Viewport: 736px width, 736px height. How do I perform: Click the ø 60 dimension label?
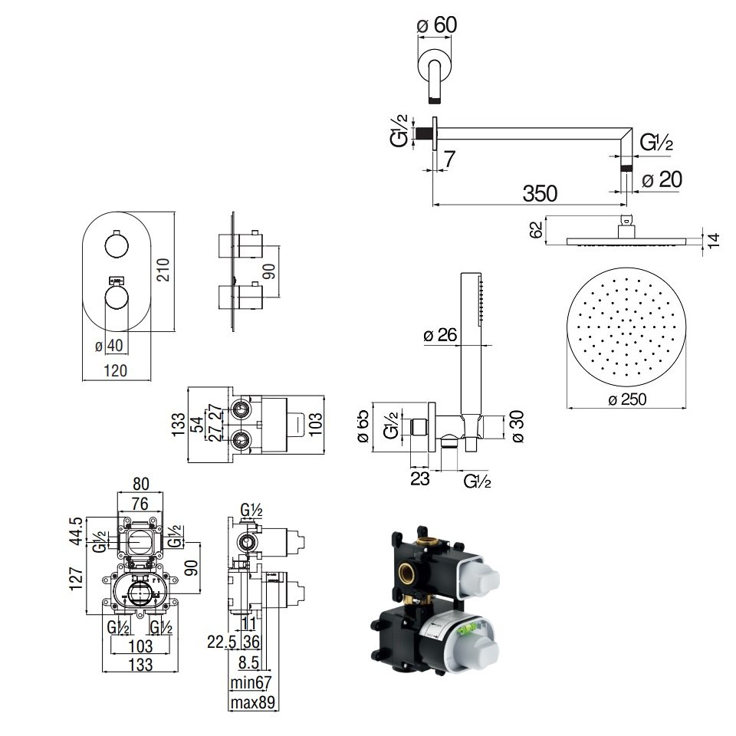(436, 25)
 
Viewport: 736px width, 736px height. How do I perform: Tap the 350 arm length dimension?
(540, 193)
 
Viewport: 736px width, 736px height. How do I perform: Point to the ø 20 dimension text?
(660, 180)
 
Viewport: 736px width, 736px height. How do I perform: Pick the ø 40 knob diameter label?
(110, 347)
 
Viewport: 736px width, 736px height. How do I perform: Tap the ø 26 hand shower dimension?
(439, 334)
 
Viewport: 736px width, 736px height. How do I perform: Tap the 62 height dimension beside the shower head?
(537, 229)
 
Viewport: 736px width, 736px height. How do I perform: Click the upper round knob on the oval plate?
(117, 246)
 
